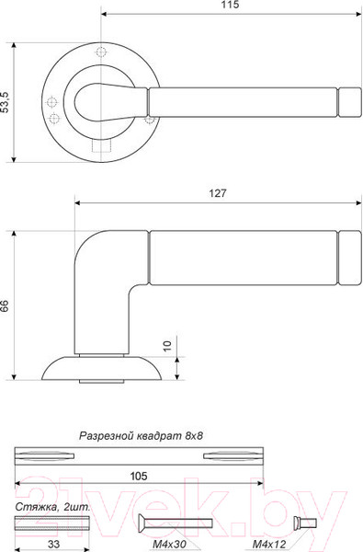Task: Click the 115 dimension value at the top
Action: pos(230,6)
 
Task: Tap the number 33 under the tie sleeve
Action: pos(53,544)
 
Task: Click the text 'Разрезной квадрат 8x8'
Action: pos(141,436)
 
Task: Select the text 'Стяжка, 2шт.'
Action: pos(52,507)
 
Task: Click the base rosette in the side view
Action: pos(101,368)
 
